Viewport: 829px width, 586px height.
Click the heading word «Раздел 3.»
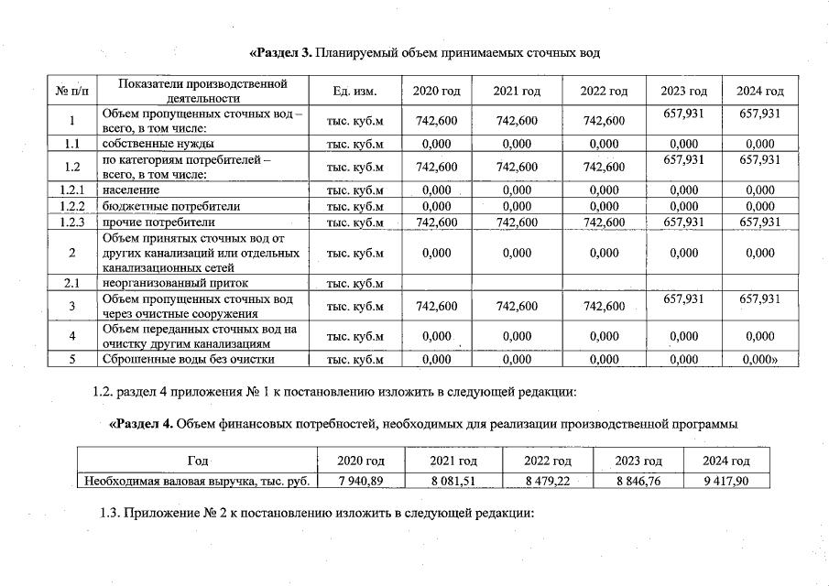click(279, 53)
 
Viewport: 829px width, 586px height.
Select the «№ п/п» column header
click(72, 92)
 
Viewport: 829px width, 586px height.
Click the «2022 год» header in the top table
click(604, 92)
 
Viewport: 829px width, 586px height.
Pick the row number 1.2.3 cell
click(71, 222)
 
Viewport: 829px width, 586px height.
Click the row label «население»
click(131, 190)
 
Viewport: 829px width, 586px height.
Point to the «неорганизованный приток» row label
click(174, 283)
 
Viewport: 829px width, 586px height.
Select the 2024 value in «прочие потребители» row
click(759, 222)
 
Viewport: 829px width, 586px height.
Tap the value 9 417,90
click(725, 479)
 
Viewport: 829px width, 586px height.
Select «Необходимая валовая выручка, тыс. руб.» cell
click(196, 479)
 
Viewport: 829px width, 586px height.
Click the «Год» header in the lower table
click(196, 460)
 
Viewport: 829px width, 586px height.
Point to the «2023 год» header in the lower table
click(638, 460)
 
